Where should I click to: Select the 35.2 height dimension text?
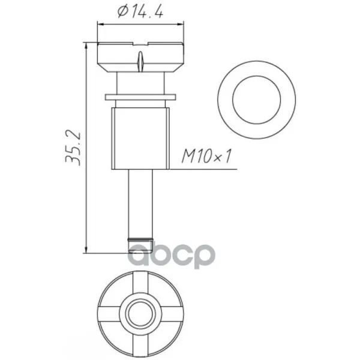(73, 148)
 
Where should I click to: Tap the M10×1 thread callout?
(206, 156)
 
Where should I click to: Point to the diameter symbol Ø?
(122, 12)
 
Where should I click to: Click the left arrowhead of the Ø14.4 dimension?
(100, 24)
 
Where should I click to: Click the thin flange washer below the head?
(140, 97)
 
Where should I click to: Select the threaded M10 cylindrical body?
(140, 139)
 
